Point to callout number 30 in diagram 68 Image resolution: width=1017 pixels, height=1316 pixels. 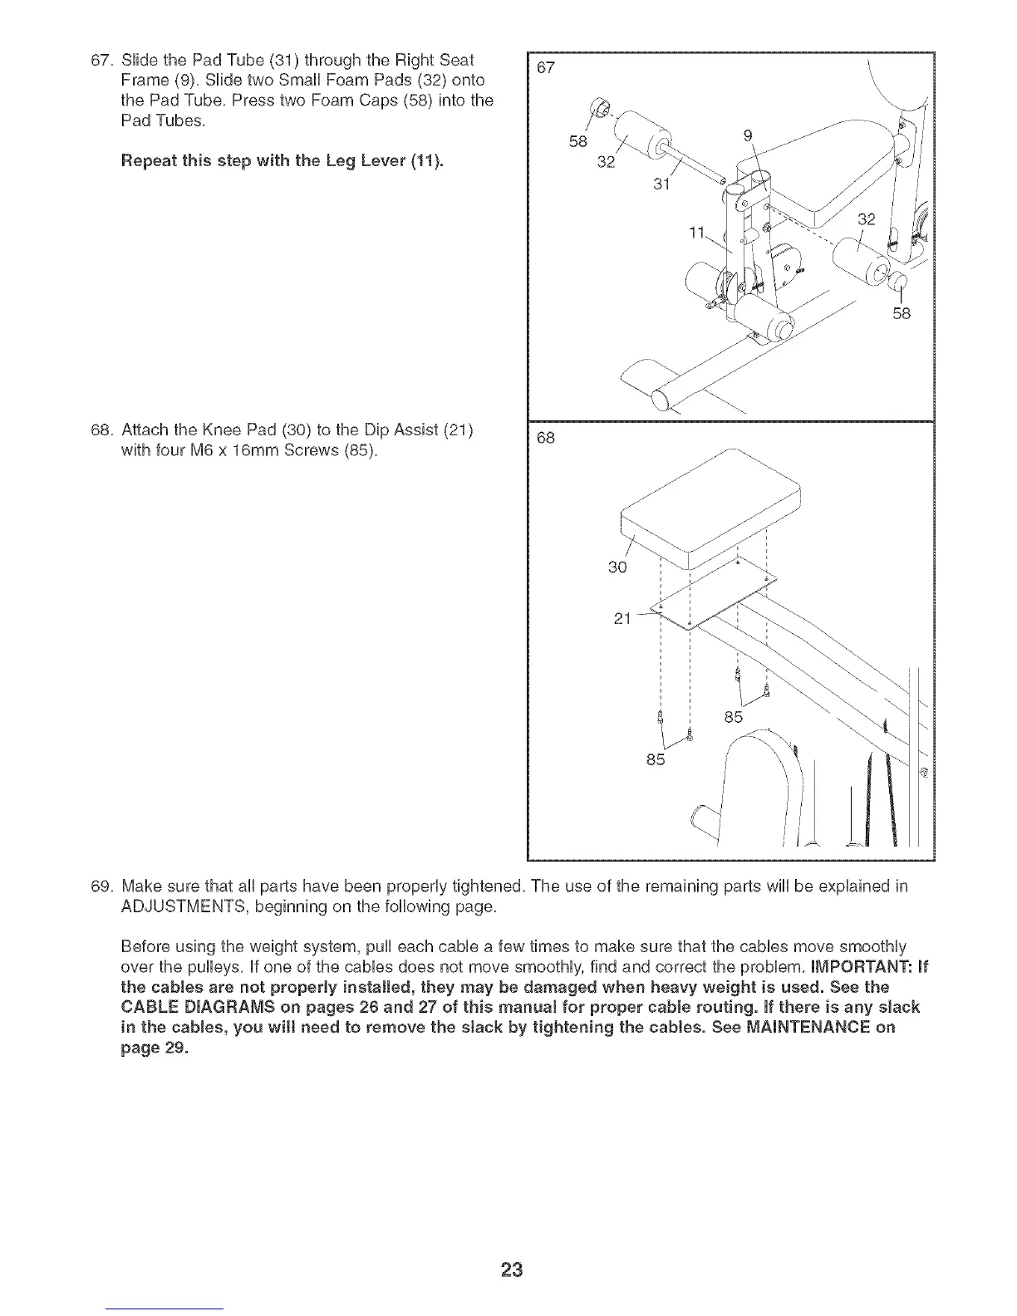point(617,567)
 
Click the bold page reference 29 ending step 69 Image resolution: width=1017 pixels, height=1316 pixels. point(169,1047)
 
